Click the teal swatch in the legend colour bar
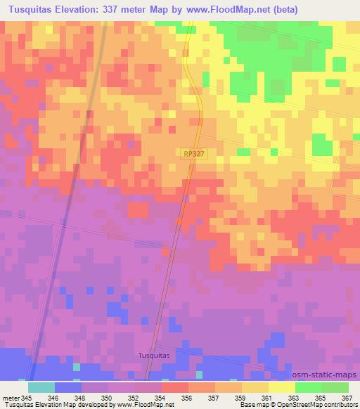click(x=41, y=387)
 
